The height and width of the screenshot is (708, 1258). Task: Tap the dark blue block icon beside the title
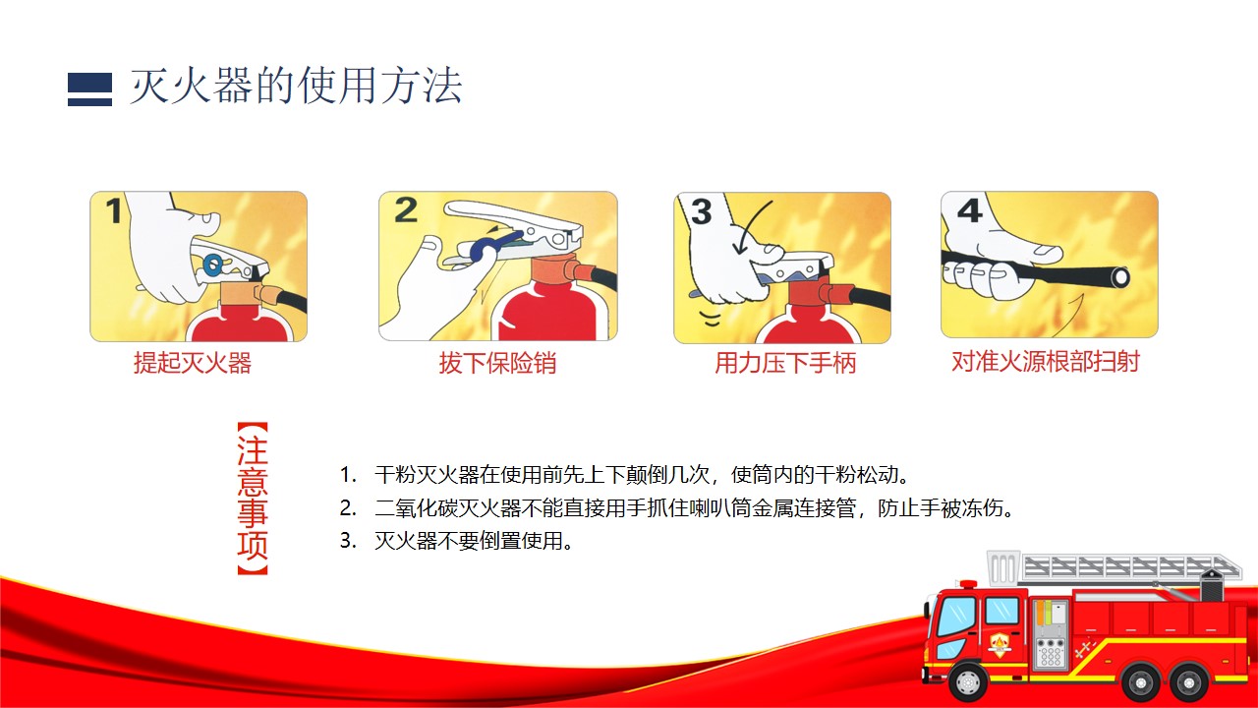89,89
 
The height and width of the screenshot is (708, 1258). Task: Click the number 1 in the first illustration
114,210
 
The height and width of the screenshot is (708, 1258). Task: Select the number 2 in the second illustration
406,210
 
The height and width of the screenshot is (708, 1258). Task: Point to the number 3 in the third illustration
702,211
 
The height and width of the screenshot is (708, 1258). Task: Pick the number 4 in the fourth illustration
970,210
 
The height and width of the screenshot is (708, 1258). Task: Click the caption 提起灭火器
193,363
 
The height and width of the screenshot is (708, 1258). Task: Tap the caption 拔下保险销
497,363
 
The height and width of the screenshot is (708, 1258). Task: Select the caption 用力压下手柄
785,363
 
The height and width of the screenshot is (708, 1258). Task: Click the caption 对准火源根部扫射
1046,361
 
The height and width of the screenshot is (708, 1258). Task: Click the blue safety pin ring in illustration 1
213,265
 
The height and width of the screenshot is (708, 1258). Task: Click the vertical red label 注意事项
253,499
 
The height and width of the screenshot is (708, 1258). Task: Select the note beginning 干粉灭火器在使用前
624,475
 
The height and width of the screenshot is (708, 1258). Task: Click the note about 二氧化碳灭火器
677,508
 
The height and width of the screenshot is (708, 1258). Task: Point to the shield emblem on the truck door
1000,644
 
